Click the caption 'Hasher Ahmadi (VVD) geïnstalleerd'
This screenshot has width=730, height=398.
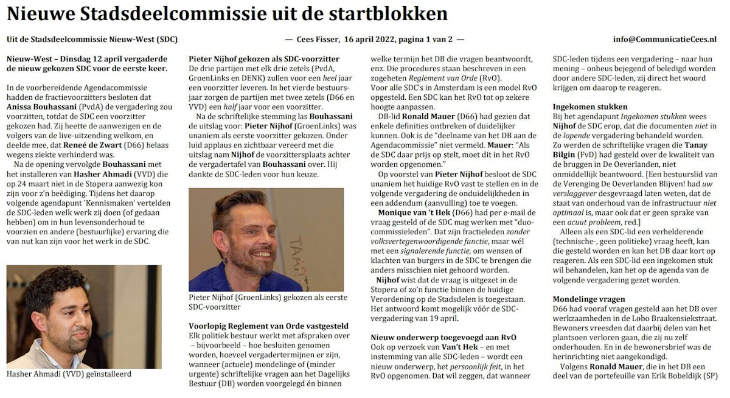pyautogui.click(x=69, y=374)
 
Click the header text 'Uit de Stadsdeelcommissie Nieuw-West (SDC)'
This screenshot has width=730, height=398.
pyautogui.click(x=92, y=40)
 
